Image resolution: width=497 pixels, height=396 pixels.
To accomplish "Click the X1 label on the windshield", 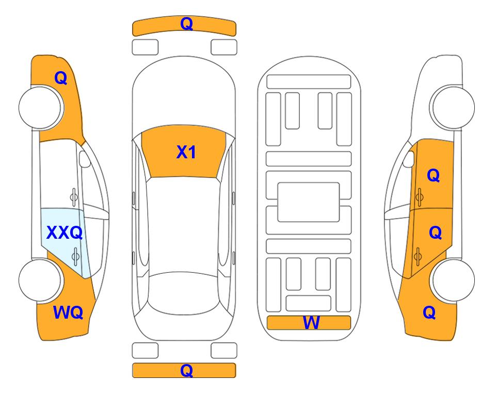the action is pos(186,152).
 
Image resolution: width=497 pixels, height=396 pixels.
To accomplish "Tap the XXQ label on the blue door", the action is pos(65,233).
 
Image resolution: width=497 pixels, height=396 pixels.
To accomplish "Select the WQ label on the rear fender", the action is pos(68,312).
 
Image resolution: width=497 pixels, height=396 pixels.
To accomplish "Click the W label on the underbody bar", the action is pos(311,322).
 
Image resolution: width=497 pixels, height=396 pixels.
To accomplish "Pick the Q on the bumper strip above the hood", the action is pos(186,23).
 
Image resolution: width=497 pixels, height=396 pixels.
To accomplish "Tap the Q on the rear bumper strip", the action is pos(186,370).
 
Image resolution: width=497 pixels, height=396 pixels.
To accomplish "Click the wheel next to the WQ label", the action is pos(40,280).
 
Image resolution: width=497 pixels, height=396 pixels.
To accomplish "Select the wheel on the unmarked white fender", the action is pos(452,107).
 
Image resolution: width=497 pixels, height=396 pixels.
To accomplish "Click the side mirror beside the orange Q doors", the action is pos(409,159).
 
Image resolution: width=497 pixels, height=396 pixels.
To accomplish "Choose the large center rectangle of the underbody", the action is pos(309,202).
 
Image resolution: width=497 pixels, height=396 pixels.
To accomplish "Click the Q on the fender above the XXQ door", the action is pos(61,78).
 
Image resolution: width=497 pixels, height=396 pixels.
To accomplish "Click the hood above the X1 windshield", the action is pos(184,95).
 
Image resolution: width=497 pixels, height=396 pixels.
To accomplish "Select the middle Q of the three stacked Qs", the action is pos(435,233).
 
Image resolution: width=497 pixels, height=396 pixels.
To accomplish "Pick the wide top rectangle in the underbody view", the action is pos(309,82).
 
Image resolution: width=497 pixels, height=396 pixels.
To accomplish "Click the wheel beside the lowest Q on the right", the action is pos(452,280).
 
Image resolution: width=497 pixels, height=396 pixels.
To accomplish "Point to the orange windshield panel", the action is pos(184,152).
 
